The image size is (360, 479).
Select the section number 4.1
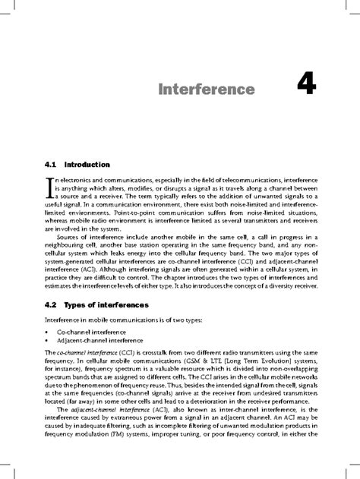click(x=52, y=164)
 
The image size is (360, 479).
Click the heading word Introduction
click(x=88, y=164)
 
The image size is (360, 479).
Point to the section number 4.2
click(x=52, y=304)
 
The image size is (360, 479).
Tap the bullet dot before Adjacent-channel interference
click(x=48, y=342)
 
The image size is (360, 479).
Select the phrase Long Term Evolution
click(x=233, y=364)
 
